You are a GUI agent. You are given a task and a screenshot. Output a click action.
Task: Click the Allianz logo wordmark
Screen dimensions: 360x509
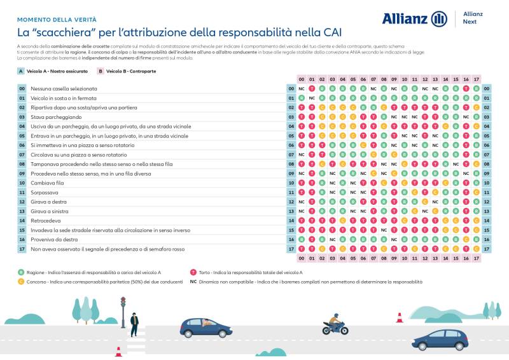pos(405,19)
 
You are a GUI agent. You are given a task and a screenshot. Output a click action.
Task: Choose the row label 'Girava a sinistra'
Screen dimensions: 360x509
pos(49,211)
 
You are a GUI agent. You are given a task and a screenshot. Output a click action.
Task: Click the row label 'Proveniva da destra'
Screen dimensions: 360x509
pos(53,239)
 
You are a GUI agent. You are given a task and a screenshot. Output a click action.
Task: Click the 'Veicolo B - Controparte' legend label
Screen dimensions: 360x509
pos(130,71)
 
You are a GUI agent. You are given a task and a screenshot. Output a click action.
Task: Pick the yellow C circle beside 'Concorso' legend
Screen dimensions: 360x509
pos(21,280)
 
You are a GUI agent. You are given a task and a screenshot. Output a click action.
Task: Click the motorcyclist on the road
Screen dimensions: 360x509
pos(335,325)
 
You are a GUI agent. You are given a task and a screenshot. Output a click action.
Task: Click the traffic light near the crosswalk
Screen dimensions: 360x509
pos(123,303)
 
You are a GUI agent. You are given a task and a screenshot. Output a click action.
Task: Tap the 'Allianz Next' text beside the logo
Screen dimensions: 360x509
pos(473,18)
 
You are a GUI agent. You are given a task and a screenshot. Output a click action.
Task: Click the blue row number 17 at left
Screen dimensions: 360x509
pos(22,249)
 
